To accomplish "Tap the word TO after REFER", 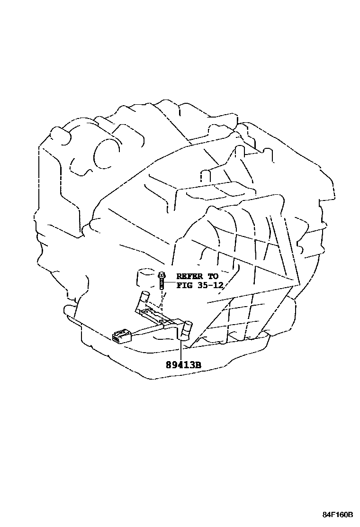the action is [x=213, y=276].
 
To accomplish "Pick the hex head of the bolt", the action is [x=162, y=274].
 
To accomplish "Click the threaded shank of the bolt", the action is [x=162, y=284].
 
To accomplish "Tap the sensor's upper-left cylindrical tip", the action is [x=144, y=298].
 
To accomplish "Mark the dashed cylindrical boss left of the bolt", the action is [x=144, y=277].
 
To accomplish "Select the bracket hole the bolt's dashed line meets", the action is [x=161, y=321].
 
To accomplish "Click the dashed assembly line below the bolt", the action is [x=162, y=303].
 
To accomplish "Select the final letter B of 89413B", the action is [x=199, y=365].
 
